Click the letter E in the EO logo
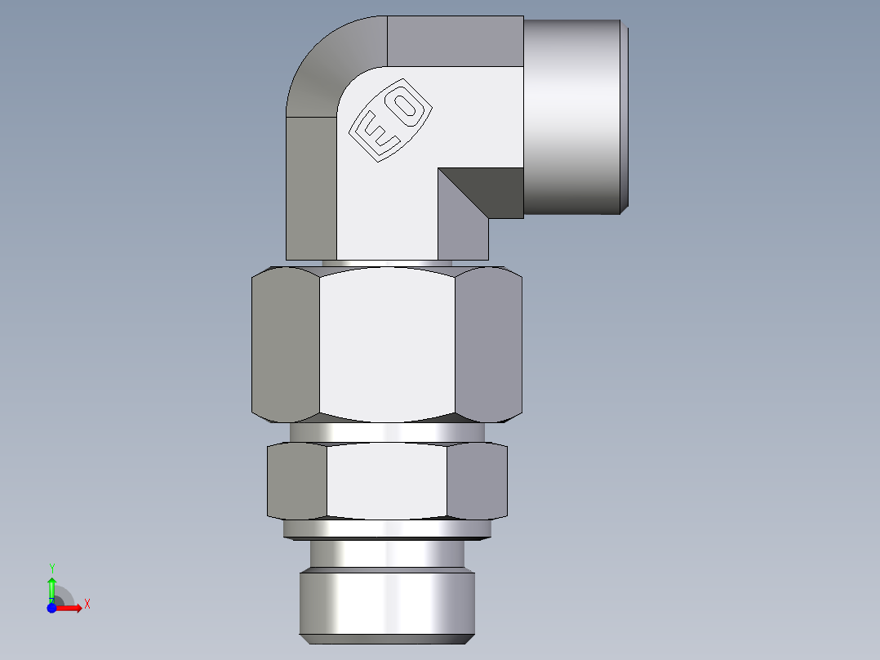pos(378,134)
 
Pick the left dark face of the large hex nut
pos(284,343)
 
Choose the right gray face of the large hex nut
pos(488,343)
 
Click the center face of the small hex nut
pos(387,482)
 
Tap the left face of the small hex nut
pos(296,482)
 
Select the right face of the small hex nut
pos(477,482)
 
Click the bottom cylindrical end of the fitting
pos(387,604)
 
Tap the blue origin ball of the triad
pos(51,608)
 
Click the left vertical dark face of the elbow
pos(311,188)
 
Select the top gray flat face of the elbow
pos(454,41)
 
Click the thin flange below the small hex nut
pos(387,530)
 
